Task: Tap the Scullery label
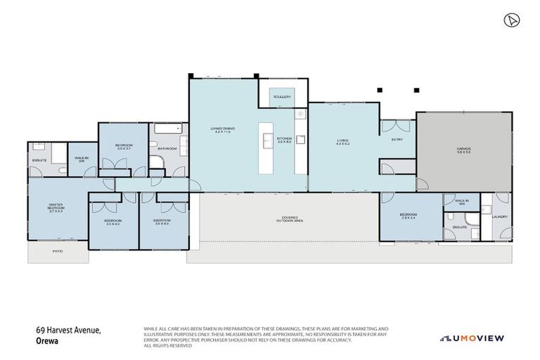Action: tap(282, 96)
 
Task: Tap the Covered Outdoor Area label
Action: tap(288, 219)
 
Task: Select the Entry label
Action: tap(397, 140)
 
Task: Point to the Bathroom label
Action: tap(167, 149)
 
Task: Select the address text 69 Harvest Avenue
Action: tap(69, 330)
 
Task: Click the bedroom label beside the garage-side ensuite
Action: tap(411, 216)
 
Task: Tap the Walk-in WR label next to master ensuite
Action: tap(81, 160)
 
